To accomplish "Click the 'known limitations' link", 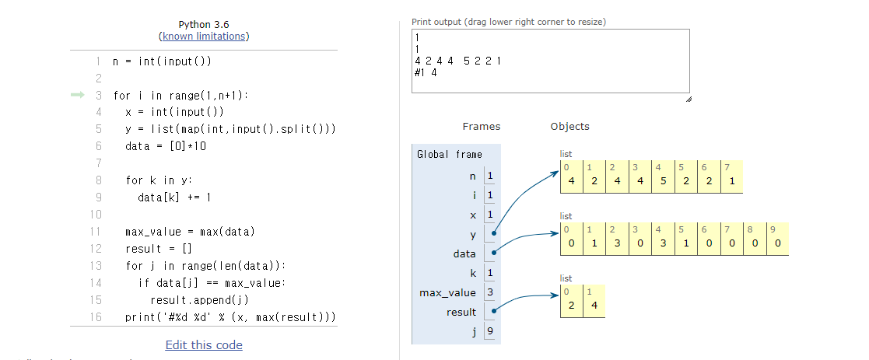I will click(x=204, y=37).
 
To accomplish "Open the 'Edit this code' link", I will click(x=204, y=345).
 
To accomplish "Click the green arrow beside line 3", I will click(x=78, y=95).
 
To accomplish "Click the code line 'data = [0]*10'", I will click(x=166, y=145).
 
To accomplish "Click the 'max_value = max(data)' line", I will click(x=190, y=232).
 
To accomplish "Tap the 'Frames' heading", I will click(x=481, y=127).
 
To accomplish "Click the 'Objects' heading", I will click(x=569, y=127).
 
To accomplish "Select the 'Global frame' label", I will click(x=449, y=154).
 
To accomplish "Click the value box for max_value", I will click(x=490, y=292).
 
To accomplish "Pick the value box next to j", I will click(x=490, y=331).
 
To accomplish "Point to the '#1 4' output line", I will click(x=426, y=72).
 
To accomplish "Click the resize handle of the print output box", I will click(x=687, y=98).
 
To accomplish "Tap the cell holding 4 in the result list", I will click(x=594, y=305).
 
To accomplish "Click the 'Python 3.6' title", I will click(x=204, y=25).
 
